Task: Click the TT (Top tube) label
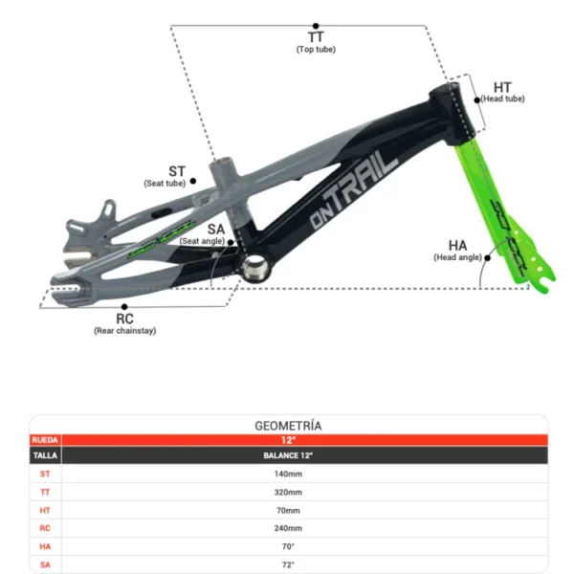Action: coord(316,41)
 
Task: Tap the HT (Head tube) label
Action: coord(502,91)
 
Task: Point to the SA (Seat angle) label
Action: coord(215,232)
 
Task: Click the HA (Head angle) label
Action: coord(457,250)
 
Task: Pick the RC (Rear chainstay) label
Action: coord(124,322)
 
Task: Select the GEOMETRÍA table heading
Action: coord(287,425)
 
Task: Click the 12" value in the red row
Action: coord(287,440)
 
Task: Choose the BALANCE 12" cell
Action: coord(287,455)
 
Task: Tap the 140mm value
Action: coord(287,474)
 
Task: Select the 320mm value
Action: coord(287,492)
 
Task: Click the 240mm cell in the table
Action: coord(287,528)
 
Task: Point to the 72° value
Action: coord(287,564)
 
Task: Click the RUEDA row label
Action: coord(45,440)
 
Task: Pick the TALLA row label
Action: coord(45,455)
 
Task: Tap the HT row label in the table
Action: coord(45,510)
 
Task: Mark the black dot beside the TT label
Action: coord(316,27)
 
